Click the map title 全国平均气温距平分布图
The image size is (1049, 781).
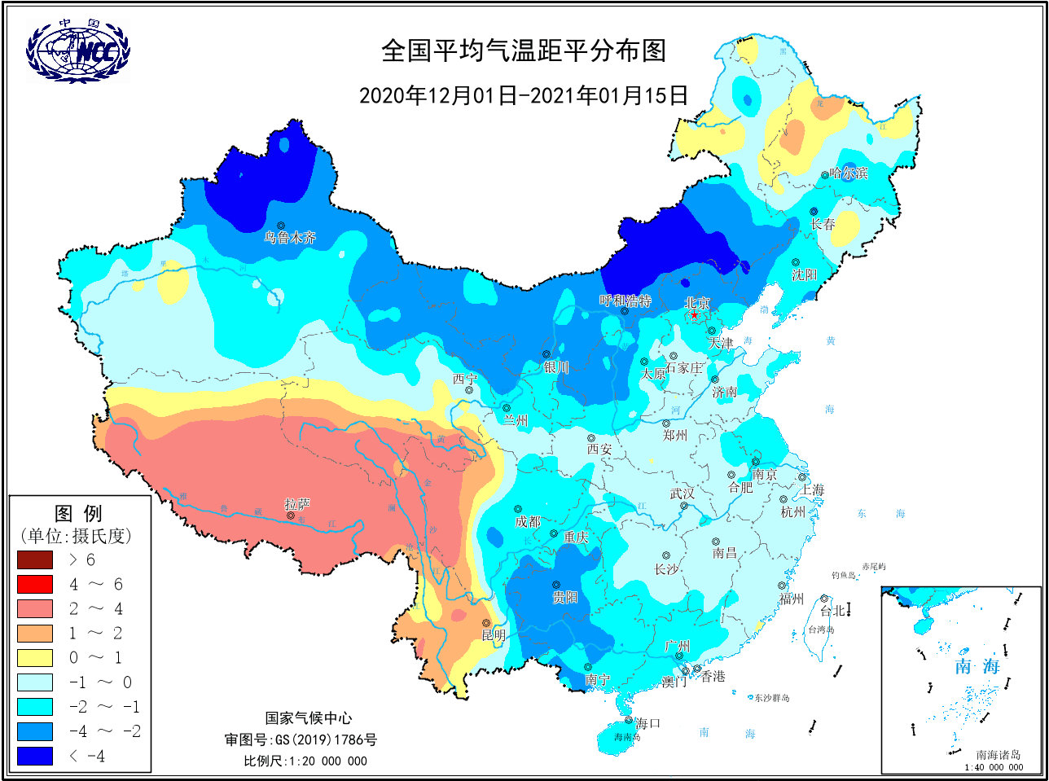(524, 51)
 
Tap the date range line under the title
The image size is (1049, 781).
(524, 95)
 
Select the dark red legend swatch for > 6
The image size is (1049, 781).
(35, 560)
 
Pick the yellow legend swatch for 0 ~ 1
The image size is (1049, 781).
(35, 658)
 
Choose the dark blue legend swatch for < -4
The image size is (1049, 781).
(35, 756)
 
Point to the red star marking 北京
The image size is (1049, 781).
(694, 315)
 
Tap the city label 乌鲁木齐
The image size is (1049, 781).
(289, 238)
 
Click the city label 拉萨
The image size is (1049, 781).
(297, 505)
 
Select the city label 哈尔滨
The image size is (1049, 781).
(849, 173)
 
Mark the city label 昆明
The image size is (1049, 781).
(494, 635)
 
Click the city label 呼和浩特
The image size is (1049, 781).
(625, 301)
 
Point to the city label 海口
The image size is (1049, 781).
(647, 723)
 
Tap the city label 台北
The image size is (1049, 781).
(832, 610)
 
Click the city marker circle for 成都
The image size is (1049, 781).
(518, 510)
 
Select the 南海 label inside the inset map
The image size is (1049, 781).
(977, 666)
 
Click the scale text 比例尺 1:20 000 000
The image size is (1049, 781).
(305, 761)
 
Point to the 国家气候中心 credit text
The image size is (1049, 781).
(309, 717)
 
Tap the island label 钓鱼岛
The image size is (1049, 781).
(844, 575)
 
